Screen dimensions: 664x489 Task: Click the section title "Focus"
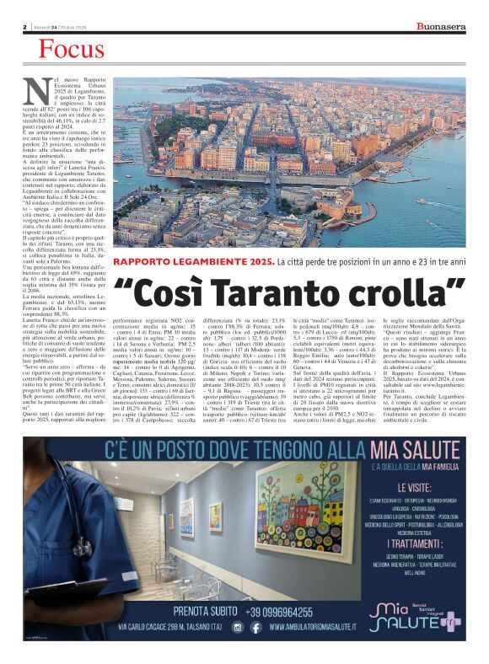[x=71, y=51]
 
